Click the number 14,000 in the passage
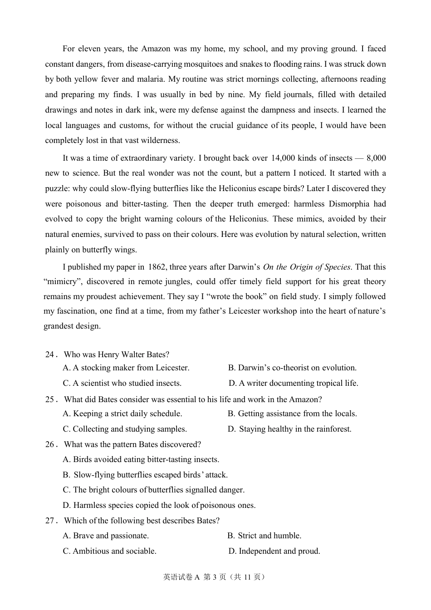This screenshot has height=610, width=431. click(283, 158)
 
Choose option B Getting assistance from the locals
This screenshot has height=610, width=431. click(292, 413)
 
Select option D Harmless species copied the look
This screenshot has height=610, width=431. click(159, 505)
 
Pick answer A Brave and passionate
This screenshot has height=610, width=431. click(106, 536)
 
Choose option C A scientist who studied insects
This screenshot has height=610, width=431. click(122, 383)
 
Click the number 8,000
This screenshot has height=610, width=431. click(376, 158)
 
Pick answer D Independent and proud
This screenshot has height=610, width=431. click(274, 551)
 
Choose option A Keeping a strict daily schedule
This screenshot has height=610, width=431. click(122, 413)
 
